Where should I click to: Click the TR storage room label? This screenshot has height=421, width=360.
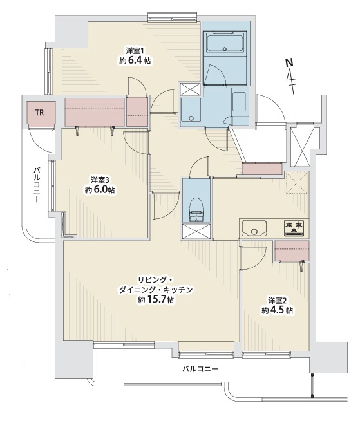coord(39,113)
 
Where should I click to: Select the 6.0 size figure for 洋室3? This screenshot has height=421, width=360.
coord(101,190)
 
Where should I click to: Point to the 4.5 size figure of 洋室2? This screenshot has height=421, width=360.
coord(278,310)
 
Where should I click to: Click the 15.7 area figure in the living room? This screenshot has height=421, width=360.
coord(156,299)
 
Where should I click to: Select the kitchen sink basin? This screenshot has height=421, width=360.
coord(254,228)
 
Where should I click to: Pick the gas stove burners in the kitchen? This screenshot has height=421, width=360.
coord(294,228)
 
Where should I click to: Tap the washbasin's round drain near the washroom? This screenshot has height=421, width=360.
coord(191,118)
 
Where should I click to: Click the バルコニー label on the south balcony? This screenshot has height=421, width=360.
coord(200,369)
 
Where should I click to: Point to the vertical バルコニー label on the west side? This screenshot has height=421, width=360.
coord(37,185)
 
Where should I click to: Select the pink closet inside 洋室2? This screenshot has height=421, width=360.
coord(292,251)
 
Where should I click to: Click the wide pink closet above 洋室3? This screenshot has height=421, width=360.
coord(95,112)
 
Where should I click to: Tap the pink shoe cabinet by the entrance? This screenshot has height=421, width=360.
coord(262,169)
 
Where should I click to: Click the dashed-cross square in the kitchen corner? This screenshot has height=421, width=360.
coord(297,183)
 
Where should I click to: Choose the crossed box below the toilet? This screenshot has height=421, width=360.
coord(196,231)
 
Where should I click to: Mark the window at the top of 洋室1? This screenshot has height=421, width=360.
coord(172,16)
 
